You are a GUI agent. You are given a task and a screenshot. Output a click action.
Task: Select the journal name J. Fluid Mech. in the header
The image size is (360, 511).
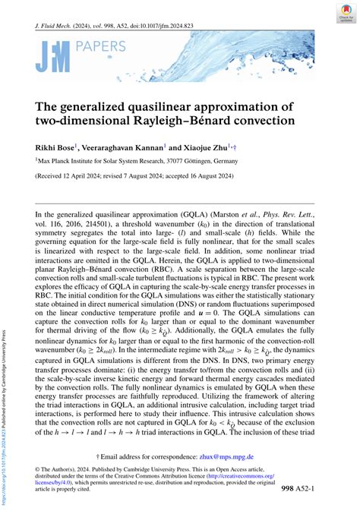(57, 25)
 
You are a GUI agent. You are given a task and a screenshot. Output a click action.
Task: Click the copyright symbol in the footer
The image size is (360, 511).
(38, 470)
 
